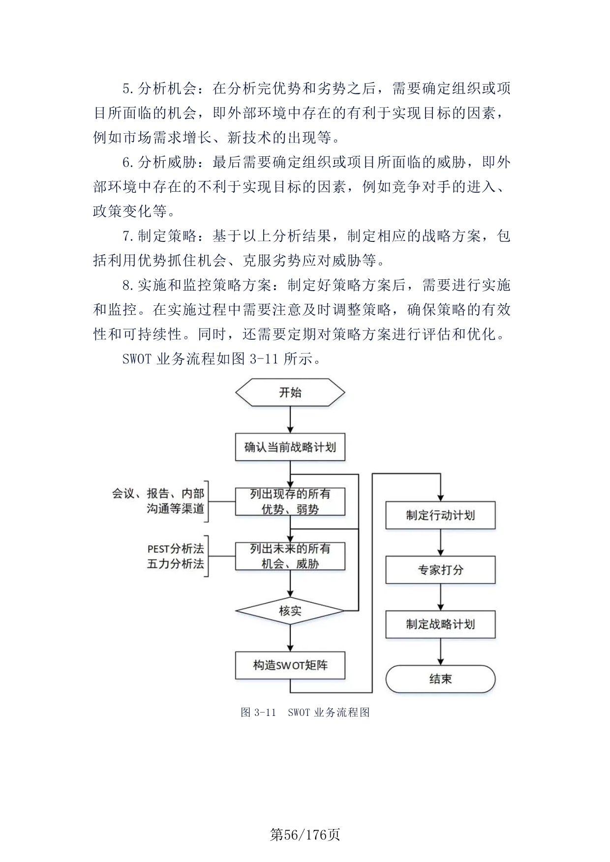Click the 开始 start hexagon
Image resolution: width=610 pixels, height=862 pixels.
click(290, 392)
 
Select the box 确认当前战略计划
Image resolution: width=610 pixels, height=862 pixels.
click(290, 447)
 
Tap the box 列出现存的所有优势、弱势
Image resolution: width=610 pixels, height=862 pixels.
click(290, 501)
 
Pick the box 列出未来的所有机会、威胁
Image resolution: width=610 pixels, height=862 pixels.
click(290, 556)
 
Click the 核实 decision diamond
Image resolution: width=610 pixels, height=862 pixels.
click(290, 611)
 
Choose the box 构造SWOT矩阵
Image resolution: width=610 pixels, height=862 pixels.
click(290, 665)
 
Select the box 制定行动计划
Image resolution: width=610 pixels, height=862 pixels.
click(440, 515)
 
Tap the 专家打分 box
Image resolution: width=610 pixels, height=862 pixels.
click(440, 570)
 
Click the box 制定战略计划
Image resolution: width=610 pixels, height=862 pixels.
click(440, 624)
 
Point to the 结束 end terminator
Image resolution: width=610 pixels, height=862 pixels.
click(440, 679)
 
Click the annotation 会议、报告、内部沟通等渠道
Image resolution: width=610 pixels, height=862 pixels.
click(158, 501)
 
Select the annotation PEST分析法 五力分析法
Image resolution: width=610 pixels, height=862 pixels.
click(176, 556)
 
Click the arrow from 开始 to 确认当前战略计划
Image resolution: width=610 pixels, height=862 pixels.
click(290, 420)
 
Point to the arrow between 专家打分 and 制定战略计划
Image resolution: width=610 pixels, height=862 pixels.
click(440, 597)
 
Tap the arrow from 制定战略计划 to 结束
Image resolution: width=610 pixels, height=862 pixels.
click(440, 652)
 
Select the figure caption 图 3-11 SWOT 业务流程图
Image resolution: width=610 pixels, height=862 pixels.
click(305, 712)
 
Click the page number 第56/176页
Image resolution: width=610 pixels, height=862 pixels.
click(305, 834)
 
